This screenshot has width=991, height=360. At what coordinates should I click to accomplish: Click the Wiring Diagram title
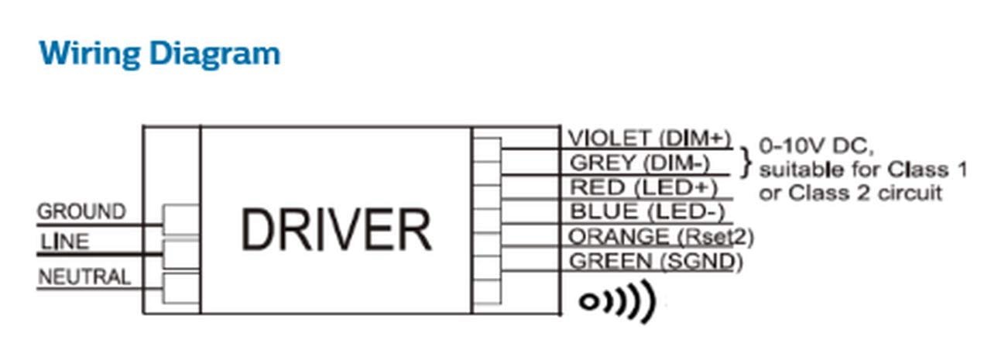(159, 54)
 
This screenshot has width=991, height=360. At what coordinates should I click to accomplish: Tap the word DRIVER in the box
(335, 229)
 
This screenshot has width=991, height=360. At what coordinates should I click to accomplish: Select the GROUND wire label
(81, 211)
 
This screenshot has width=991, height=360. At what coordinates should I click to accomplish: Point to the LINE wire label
(65, 242)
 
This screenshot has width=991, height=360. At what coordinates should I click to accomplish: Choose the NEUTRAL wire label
(84, 276)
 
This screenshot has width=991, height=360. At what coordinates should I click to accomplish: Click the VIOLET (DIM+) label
(650, 138)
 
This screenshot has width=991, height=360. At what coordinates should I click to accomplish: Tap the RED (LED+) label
(643, 187)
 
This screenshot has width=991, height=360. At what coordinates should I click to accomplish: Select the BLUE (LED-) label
(646, 211)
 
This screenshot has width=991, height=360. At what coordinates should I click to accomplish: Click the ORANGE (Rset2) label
(661, 236)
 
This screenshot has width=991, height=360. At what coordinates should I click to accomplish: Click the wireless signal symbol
(617, 301)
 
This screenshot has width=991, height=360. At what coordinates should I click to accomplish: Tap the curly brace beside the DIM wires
(746, 163)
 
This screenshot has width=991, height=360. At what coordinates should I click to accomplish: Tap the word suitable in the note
(797, 169)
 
